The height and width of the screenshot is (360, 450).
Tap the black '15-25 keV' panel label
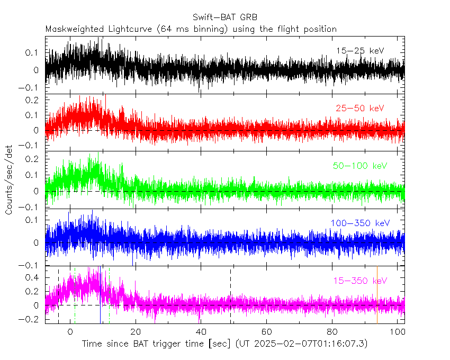point(359,51)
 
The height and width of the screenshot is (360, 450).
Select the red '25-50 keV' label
point(359,108)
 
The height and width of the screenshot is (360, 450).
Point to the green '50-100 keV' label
point(360,166)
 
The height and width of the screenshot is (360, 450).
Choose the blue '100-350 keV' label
point(360,223)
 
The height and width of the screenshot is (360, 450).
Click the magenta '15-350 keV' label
point(360,281)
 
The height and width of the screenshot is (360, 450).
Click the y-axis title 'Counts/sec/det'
point(9,179)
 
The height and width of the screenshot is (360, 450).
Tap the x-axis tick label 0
point(70,331)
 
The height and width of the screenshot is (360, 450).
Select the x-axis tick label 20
point(136,331)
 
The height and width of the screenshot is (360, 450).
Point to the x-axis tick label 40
point(201,331)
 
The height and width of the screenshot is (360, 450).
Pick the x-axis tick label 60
point(267,331)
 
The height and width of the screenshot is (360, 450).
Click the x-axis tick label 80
point(332,331)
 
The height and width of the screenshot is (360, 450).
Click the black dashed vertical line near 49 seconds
point(230,281)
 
